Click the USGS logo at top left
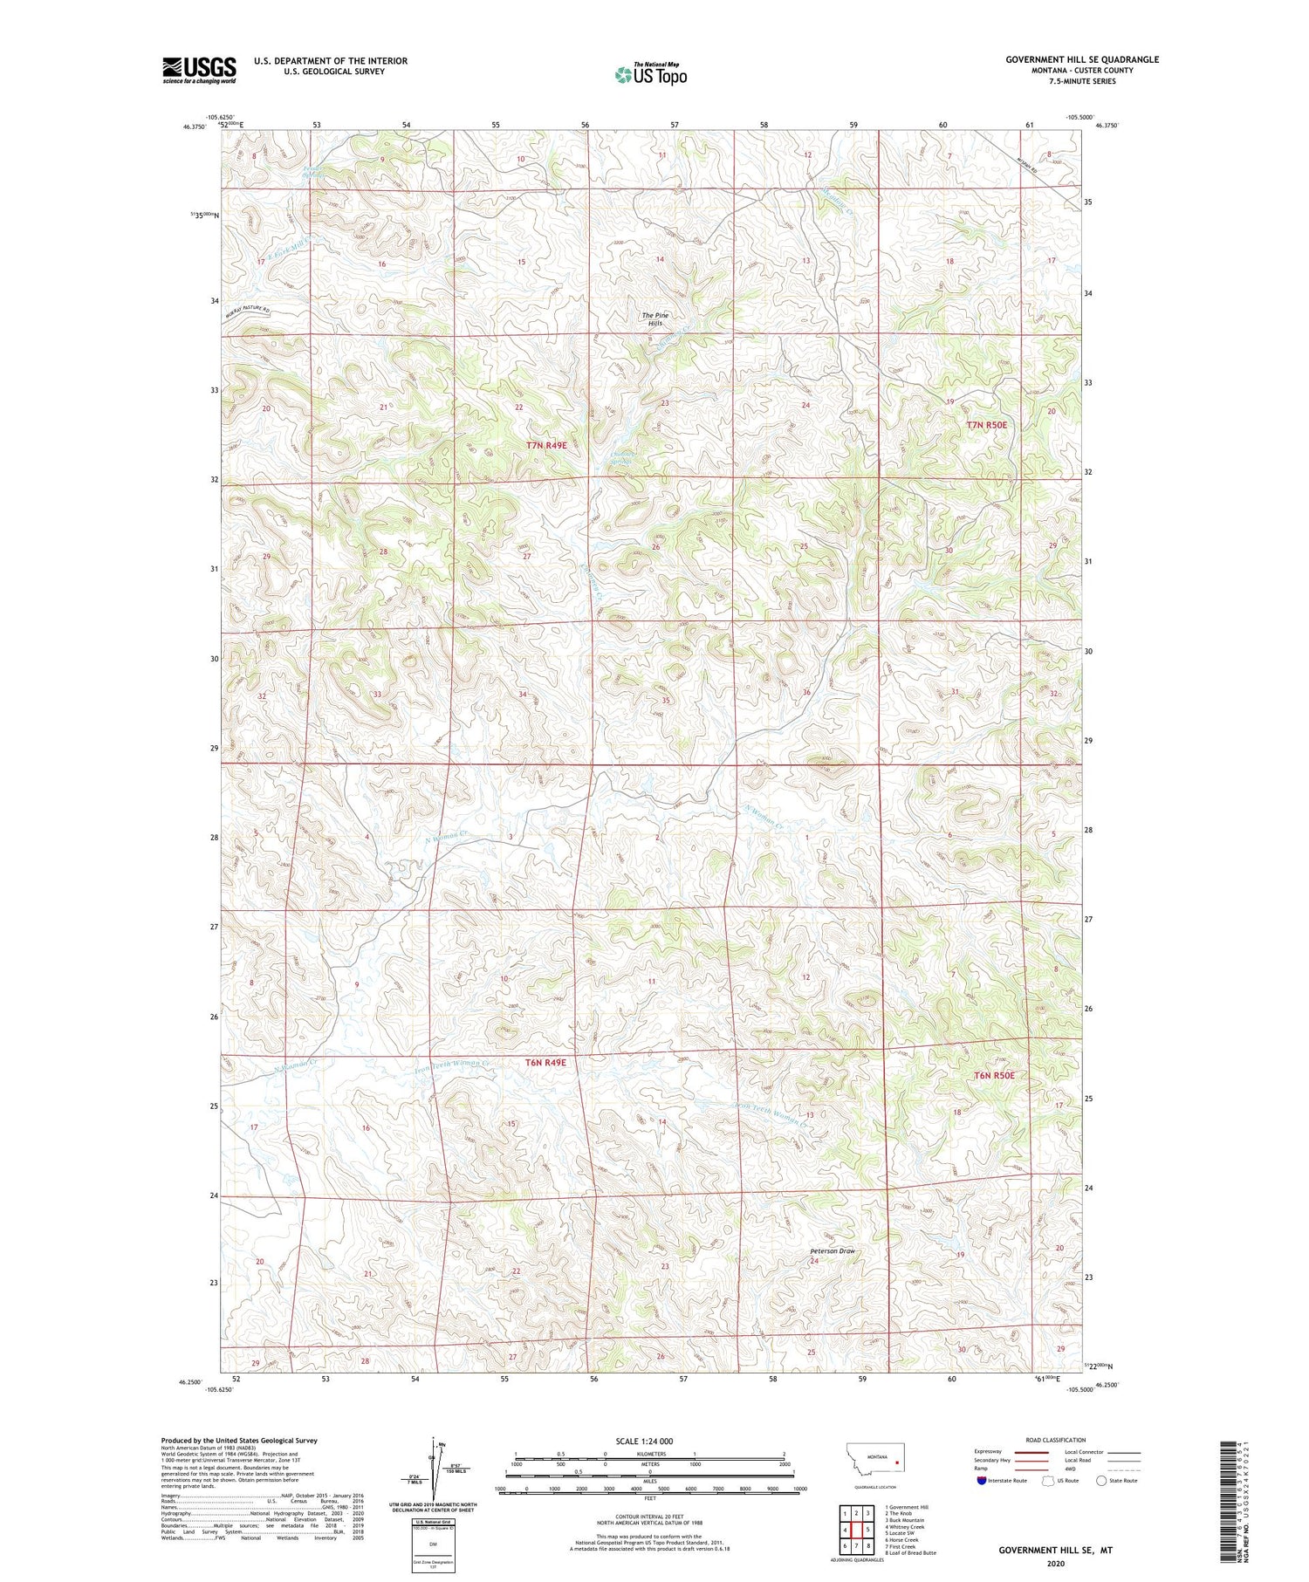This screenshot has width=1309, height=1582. point(199,70)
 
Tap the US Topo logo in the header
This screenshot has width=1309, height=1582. point(651,75)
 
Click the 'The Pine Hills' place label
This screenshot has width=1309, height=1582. point(655,319)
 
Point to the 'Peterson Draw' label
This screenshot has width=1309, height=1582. point(832,1250)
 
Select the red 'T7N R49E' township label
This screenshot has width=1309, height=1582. point(546,445)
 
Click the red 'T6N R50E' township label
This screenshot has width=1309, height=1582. point(994,1075)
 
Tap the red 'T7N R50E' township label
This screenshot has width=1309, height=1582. point(986,425)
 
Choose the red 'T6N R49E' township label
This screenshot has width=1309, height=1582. point(546,1062)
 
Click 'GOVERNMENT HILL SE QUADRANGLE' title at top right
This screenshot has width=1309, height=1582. point(1081,59)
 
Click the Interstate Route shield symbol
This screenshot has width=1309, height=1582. point(982,1480)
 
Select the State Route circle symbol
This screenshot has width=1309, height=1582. point(1101,1480)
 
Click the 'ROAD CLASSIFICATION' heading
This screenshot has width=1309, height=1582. point(1055,1440)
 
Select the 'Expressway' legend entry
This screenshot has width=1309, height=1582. point(991,1452)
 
